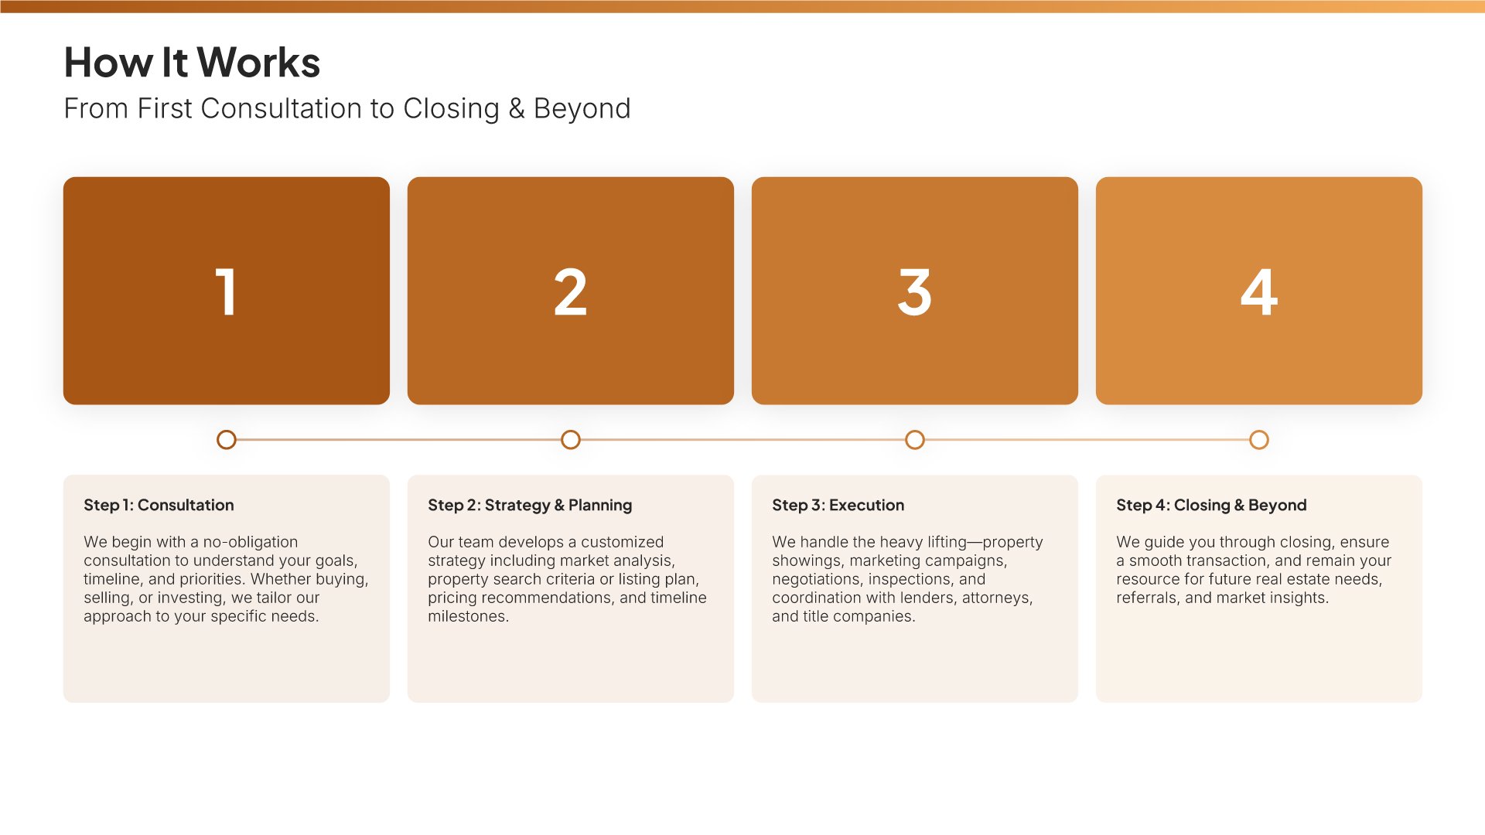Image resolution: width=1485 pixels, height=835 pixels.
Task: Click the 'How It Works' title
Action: (x=192, y=63)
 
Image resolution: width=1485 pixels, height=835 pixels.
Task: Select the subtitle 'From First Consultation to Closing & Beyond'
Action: (x=347, y=109)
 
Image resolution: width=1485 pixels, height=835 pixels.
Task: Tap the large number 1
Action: (x=226, y=291)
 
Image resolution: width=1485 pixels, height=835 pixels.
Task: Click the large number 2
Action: (x=571, y=291)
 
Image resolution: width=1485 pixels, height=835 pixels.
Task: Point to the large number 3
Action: (x=915, y=291)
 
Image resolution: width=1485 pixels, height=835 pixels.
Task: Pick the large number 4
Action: (x=1259, y=291)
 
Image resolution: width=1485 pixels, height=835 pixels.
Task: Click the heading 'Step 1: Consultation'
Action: (x=159, y=505)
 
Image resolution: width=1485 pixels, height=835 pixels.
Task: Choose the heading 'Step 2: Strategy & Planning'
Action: (x=530, y=506)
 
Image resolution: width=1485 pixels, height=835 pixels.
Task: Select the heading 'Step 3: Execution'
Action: (x=838, y=506)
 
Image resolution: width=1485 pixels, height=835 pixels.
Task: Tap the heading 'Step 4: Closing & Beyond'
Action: (x=1211, y=506)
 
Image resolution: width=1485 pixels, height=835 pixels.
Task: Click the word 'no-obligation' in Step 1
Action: (x=251, y=542)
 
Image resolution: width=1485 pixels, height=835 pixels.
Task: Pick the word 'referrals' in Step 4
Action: (x=1146, y=598)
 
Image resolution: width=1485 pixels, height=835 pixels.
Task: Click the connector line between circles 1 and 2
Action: (x=398, y=440)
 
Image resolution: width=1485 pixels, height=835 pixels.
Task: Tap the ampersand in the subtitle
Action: (x=517, y=109)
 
